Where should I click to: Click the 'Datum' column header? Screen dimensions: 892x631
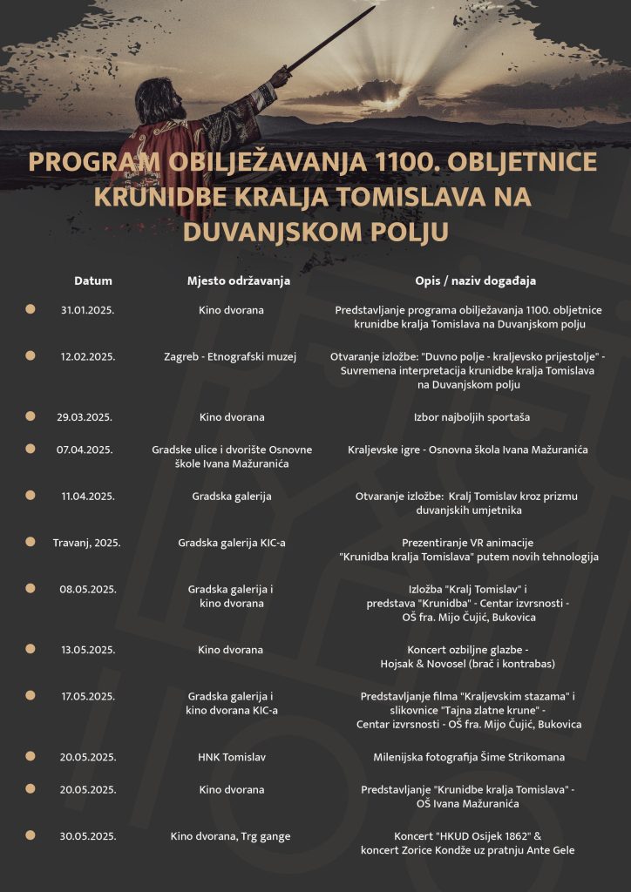pos(93,281)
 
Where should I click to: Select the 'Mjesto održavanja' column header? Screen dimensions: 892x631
pos(238,281)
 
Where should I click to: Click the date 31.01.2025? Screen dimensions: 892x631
pos(87,310)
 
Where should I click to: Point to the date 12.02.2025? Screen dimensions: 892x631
pos(87,356)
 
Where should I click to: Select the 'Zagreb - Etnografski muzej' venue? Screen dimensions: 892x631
pos(231,356)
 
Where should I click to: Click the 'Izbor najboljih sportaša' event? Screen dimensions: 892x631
pos(472,417)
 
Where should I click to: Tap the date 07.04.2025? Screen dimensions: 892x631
pos(85,449)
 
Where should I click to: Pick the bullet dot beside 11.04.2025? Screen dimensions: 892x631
pos(31,496)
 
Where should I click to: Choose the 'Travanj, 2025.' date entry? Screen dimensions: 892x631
pos(86,543)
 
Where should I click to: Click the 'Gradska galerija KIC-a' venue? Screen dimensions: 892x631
pos(232,543)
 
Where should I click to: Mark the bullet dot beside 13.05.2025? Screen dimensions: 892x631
pos(31,649)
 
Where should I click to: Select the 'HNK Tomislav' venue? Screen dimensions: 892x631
pos(231,757)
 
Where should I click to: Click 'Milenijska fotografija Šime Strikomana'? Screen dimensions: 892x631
pos(469,757)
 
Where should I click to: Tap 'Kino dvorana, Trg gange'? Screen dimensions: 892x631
pos(231,836)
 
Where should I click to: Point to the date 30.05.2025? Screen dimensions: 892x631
pos(87,836)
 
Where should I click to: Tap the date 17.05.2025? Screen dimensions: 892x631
pos(87,696)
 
